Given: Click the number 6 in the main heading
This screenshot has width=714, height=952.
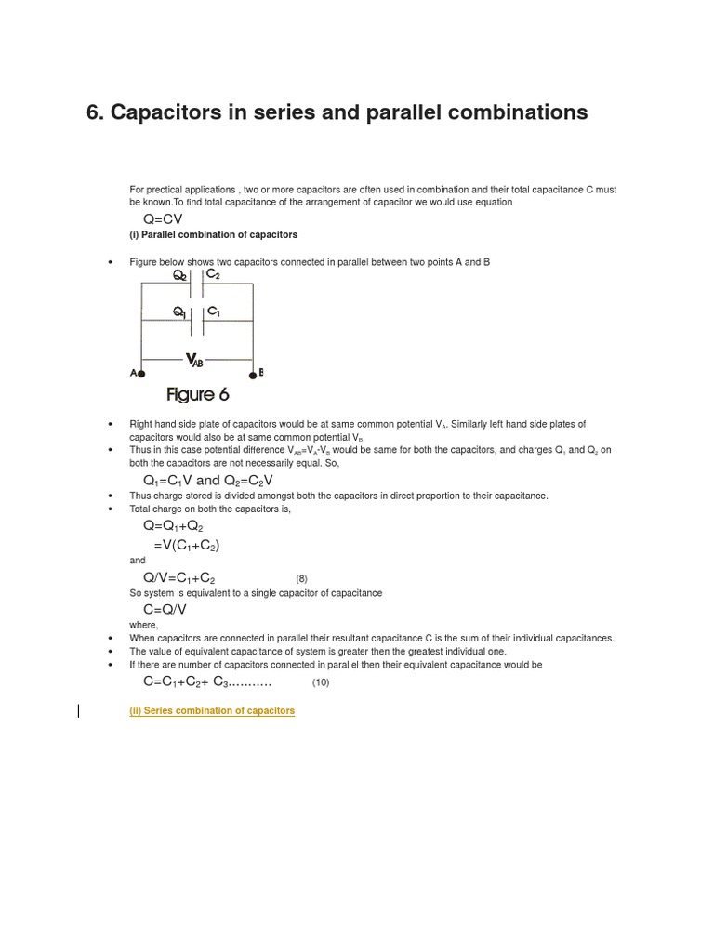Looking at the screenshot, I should (93, 112).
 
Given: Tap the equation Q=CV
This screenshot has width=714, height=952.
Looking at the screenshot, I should (163, 219).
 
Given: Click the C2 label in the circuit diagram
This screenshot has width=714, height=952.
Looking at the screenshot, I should (213, 274).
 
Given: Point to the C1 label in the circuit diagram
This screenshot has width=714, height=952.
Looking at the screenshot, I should (213, 311).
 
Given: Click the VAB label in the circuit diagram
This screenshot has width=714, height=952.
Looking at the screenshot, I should (194, 360).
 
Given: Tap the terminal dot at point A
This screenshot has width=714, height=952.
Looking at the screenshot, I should (141, 374).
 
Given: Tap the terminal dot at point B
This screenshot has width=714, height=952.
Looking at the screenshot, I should (252, 375).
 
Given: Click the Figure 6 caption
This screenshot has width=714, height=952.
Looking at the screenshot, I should (198, 395).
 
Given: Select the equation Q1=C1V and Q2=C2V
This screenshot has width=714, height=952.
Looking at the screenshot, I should (208, 480).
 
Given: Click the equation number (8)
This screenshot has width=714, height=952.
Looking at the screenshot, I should (301, 578).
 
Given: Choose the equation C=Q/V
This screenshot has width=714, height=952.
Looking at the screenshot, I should (165, 609).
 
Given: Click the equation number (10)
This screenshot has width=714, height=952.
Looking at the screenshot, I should (321, 682).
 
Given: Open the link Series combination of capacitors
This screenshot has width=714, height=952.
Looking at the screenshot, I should (212, 710).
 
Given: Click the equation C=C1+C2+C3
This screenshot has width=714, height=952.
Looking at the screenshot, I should (206, 681).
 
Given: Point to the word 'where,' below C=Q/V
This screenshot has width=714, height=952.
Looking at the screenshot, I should (144, 625).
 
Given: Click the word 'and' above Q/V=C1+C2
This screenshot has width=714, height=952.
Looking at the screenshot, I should (138, 561).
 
